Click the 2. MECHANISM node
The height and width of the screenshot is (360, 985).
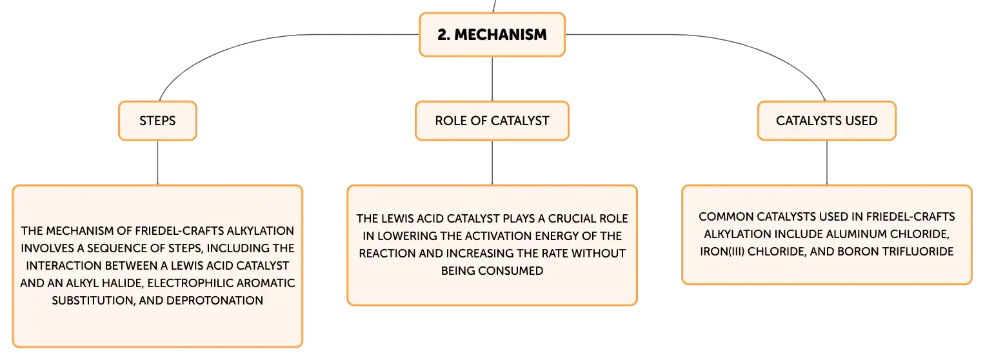click(x=492, y=35)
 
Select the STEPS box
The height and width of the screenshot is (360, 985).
click(x=157, y=121)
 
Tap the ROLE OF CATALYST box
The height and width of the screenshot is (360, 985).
click(x=492, y=121)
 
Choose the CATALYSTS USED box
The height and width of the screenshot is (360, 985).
click(x=827, y=121)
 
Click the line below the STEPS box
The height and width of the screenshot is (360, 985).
click(x=157, y=163)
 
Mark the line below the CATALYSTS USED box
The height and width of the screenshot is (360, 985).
click(x=827, y=163)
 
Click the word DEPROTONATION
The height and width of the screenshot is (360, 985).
click(x=215, y=301)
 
